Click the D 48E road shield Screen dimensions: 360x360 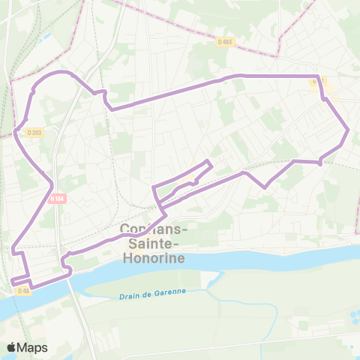225,43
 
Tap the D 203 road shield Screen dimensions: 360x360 34,133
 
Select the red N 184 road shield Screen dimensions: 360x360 58,199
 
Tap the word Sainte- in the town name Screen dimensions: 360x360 154,244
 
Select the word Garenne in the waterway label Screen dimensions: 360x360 168,292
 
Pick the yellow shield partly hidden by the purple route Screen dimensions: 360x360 318,81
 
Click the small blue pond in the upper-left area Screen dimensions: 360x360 47,35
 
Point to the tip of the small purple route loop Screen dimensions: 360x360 209,163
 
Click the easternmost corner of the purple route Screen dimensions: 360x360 349,130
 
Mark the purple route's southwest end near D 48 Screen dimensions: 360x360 12,282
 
